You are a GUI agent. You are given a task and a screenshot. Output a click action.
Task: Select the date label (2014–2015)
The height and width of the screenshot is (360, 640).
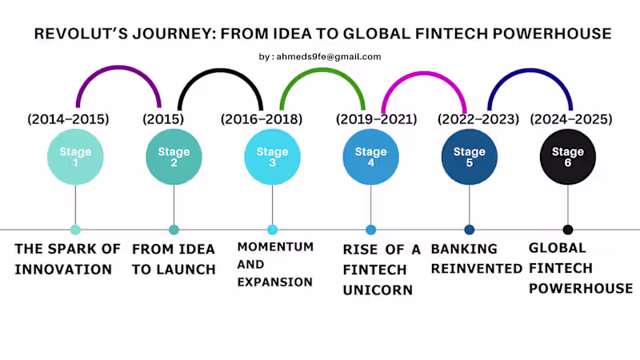tap(68, 119)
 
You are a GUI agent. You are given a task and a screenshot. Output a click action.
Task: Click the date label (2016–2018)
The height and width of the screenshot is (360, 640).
tap(262, 119)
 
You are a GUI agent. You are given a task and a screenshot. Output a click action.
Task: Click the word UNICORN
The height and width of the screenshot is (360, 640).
tap(378, 290)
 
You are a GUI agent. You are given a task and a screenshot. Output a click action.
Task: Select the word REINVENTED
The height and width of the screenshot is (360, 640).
tap(476, 269)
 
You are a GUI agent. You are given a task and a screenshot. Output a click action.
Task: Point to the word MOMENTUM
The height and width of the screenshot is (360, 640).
tap(275, 246)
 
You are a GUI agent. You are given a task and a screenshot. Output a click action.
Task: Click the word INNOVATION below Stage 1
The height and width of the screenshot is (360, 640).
tap(63, 270)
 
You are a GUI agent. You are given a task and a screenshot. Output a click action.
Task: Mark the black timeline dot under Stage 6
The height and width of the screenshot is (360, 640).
tap(568, 230)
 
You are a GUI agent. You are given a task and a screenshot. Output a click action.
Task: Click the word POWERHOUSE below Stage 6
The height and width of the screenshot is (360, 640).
tap(581, 288)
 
